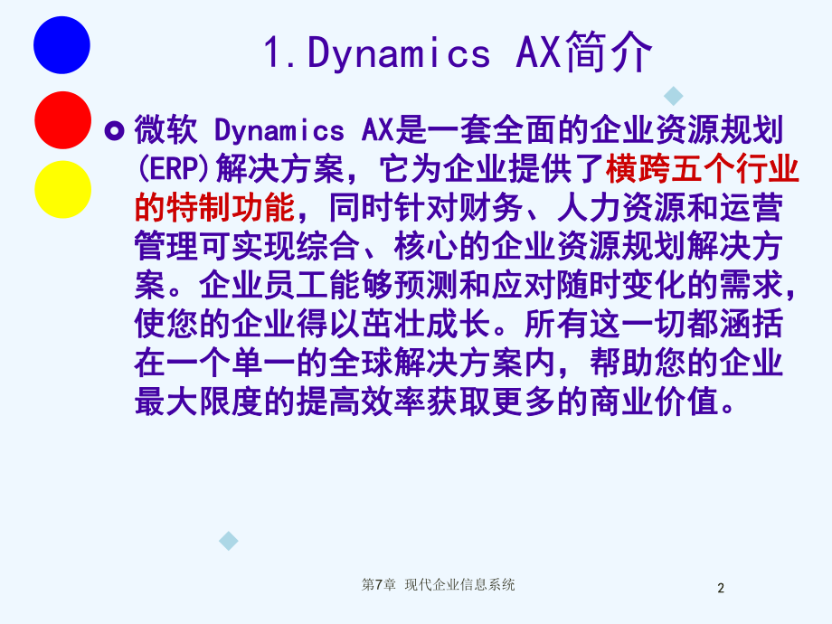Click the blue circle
62,44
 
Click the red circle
62,119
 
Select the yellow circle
62,189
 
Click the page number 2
721,589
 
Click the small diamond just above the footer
229,542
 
